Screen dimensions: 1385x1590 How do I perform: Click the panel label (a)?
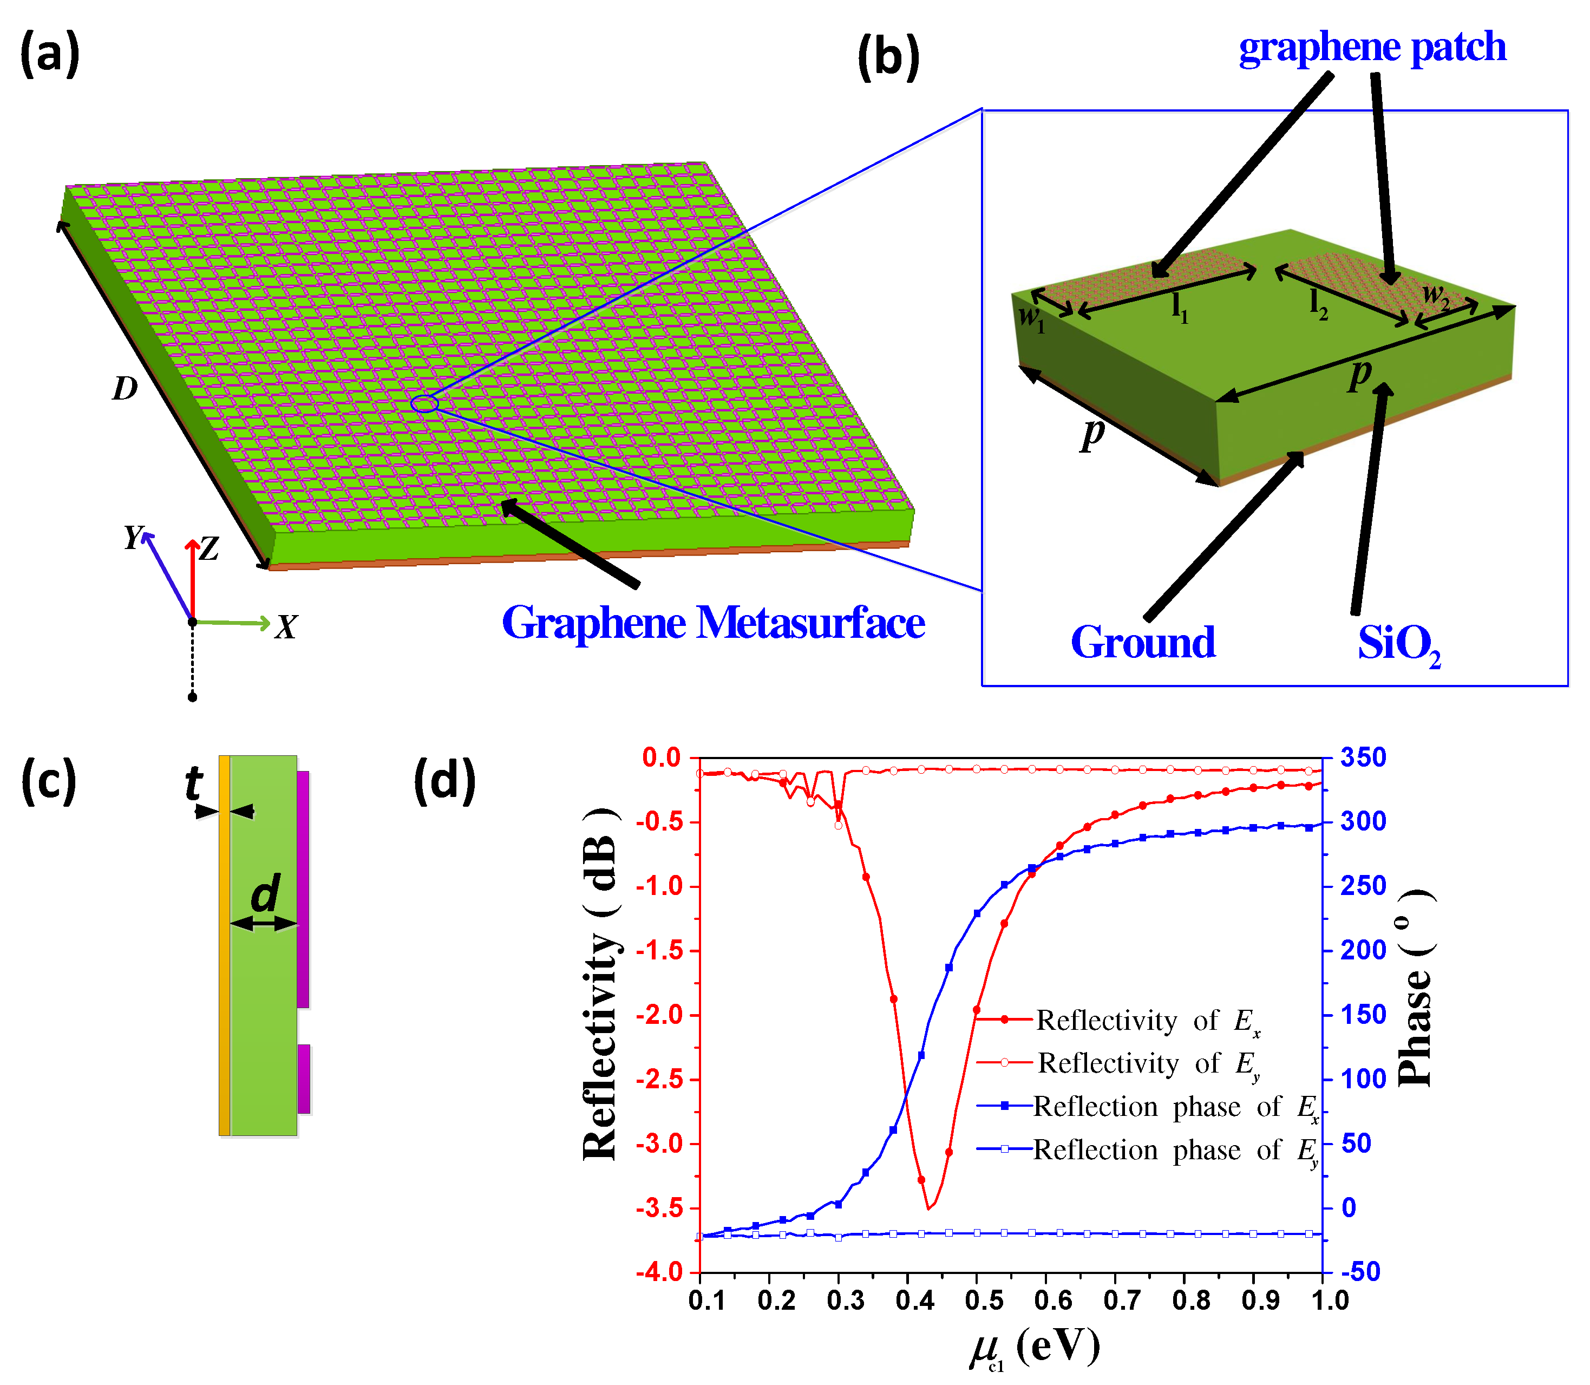click(x=49, y=54)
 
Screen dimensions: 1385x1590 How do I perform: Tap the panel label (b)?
click(x=888, y=57)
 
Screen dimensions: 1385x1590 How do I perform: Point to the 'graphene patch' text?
click(x=1372, y=48)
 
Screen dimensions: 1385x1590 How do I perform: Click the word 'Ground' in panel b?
click(x=1143, y=642)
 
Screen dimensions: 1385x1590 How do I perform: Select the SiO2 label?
click(x=1398, y=644)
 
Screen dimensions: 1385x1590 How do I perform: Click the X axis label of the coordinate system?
click(x=286, y=627)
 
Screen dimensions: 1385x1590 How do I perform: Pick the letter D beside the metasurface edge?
click(x=125, y=388)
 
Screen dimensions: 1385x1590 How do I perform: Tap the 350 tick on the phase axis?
click(x=1363, y=757)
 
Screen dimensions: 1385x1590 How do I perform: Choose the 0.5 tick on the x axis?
click(x=984, y=1301)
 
